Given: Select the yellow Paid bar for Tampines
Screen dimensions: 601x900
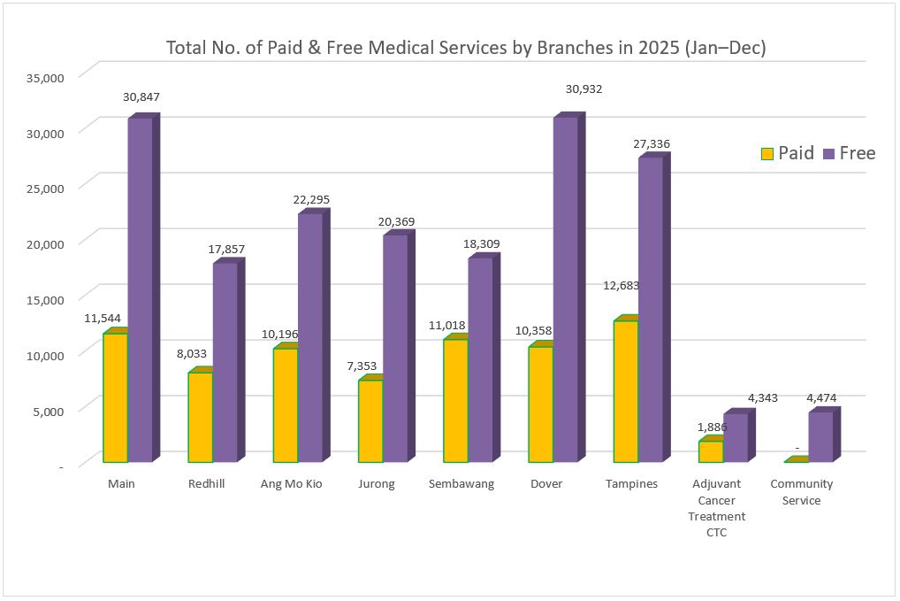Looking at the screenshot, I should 625,390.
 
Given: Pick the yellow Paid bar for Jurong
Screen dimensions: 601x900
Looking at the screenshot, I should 370,420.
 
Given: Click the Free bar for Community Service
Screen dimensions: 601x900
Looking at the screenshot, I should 820,436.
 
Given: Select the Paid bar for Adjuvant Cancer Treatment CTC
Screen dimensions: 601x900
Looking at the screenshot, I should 711,451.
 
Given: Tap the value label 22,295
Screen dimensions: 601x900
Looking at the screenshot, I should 311,200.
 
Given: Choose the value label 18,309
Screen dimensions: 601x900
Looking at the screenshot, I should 482,243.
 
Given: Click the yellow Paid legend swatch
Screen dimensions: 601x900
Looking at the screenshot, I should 767,154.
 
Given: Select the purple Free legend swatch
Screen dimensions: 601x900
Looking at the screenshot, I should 828,154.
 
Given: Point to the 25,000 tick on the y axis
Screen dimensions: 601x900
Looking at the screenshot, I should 48,188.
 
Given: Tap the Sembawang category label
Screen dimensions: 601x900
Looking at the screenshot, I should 461,484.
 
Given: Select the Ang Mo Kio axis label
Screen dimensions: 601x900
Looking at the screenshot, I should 291,484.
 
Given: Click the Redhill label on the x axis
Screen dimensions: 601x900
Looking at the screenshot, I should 206,484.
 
